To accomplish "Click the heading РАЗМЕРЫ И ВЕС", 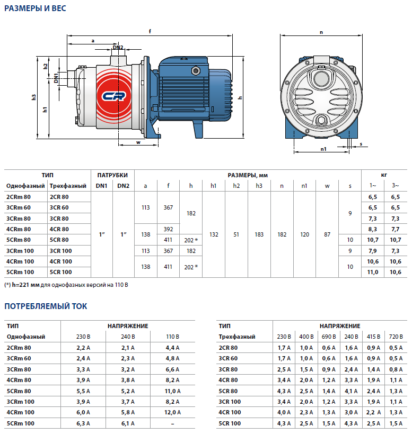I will [35, 9].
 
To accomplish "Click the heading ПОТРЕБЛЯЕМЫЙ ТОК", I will [46, 306].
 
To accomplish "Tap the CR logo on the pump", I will [112, 96].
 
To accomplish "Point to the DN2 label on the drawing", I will [118, 48].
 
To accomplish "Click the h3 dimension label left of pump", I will [33, 97].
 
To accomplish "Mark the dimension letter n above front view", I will [321, 32].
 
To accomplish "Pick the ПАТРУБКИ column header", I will [112, 175].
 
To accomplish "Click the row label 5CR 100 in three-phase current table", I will [230, 423].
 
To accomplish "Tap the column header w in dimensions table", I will [327, 186].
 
